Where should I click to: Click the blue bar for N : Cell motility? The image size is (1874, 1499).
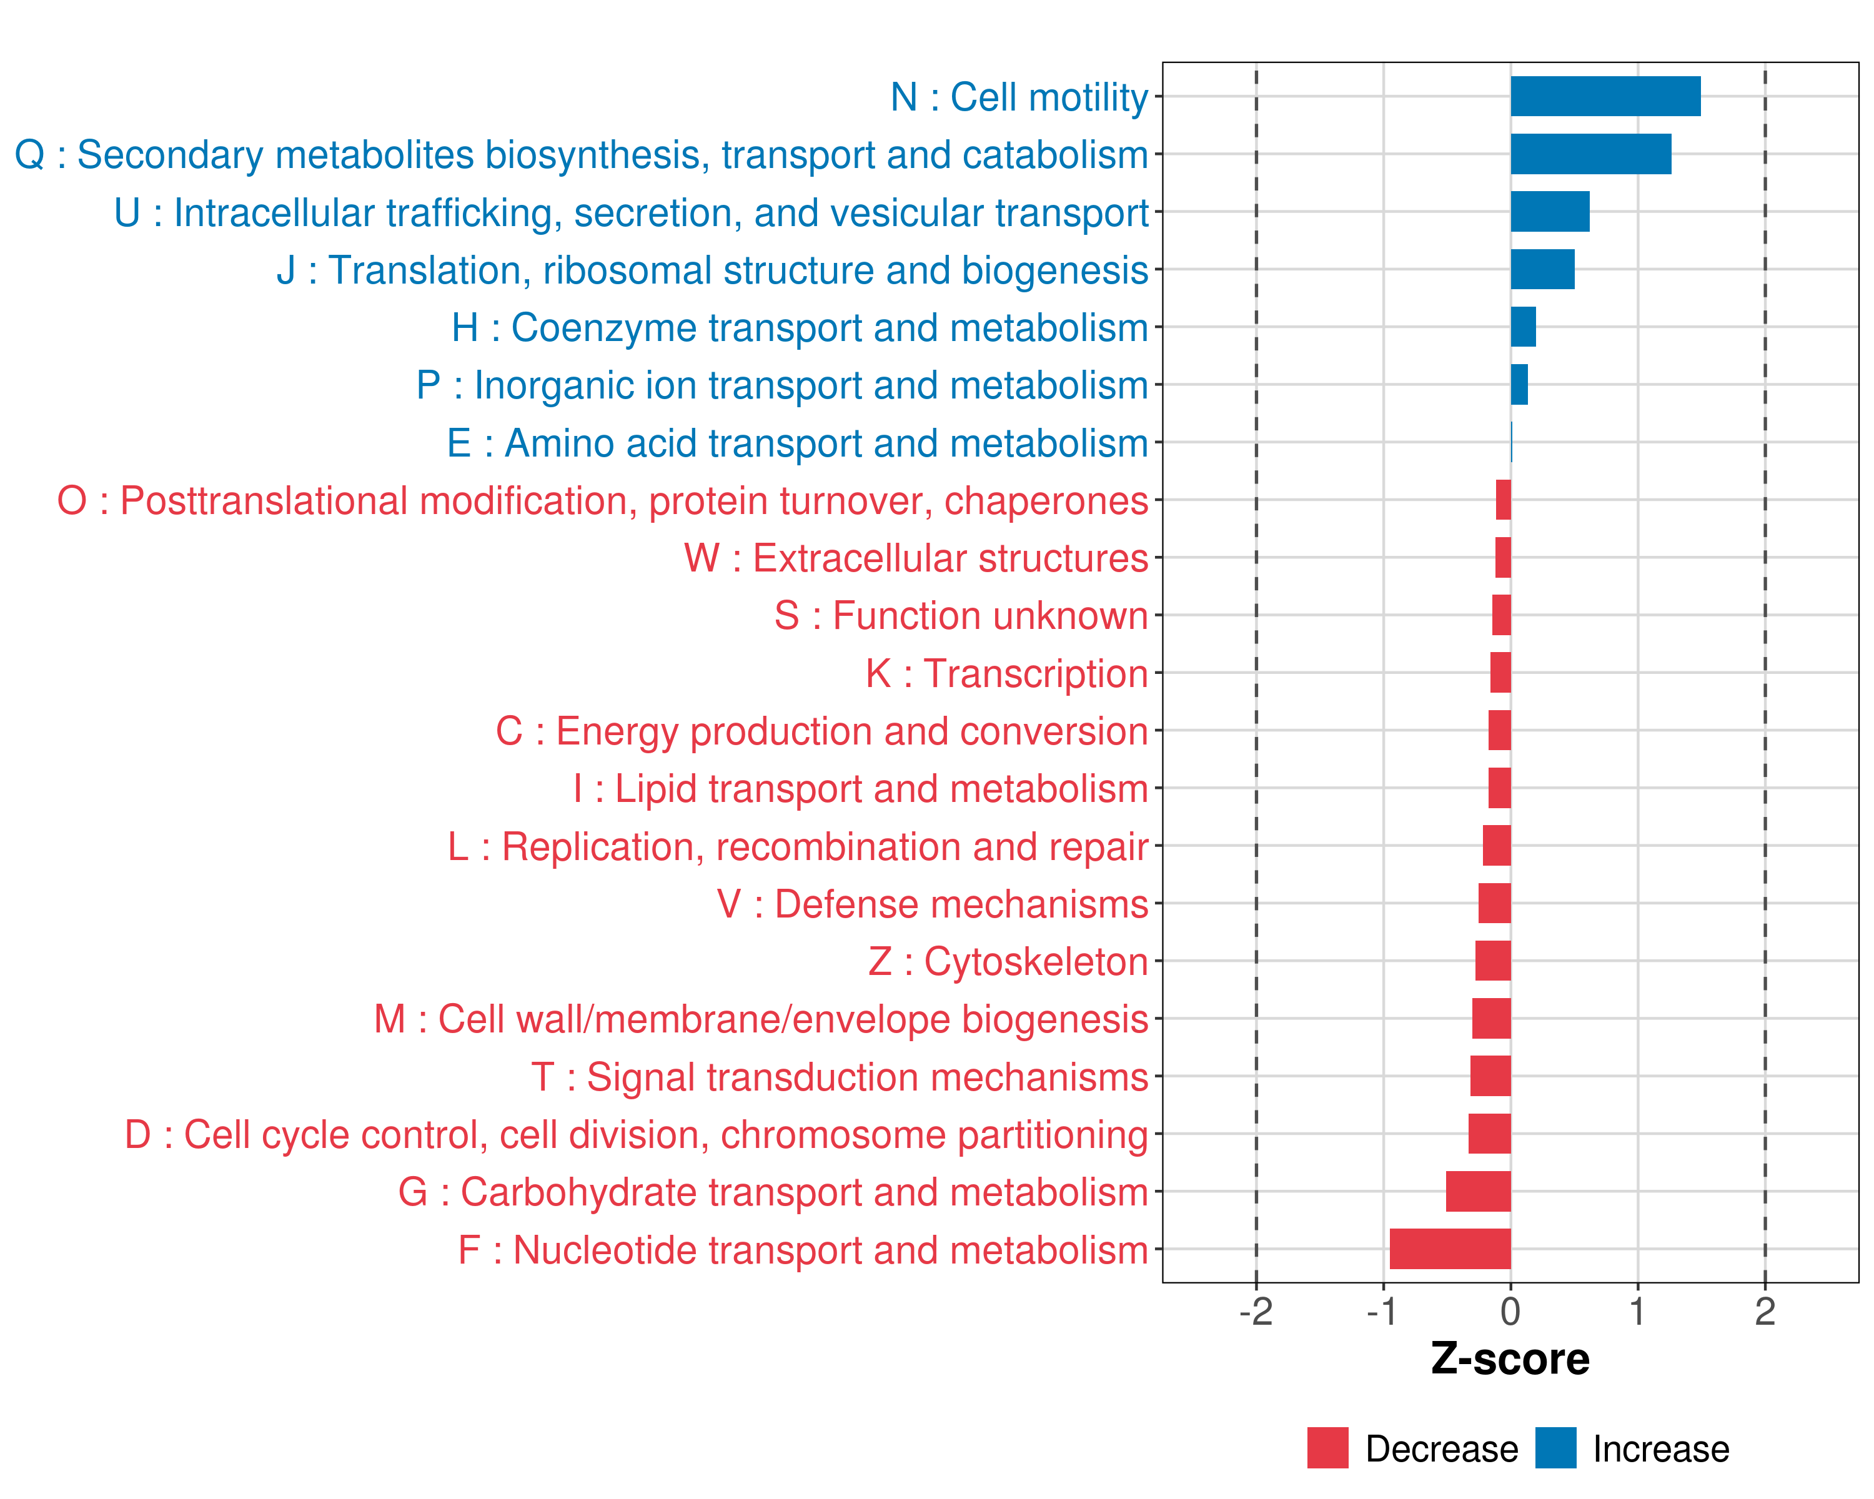click(1605, 96)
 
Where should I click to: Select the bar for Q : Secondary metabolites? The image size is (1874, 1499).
click(1590, 154)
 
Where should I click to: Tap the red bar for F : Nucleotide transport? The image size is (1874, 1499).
click(1450, 1249)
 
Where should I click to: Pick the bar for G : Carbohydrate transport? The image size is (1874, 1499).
click(1477, 1191)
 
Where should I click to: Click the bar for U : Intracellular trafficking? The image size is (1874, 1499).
click(1550, 212)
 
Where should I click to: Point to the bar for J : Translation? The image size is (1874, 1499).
click(1542, 269)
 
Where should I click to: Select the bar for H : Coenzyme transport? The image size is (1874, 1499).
click(1523, 327)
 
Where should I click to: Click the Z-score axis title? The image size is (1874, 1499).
click(1510, 1359)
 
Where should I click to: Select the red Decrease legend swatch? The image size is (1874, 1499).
click(1327, 1448)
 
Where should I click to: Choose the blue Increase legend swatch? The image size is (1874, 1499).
click(1555, 1448)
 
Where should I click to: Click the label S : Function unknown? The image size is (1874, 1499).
click(961, 615)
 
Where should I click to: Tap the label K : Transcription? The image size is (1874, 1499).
click(1006, 673)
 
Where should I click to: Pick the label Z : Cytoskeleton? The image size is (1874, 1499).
click(1008, 961)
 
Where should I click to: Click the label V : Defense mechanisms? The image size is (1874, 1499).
click(933, 904)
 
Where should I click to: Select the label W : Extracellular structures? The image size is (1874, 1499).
click(916, 558)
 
